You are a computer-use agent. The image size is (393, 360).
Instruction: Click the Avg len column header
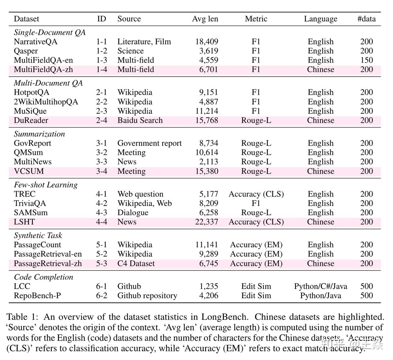point(205,19)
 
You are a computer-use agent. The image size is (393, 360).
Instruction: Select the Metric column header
point(256,19)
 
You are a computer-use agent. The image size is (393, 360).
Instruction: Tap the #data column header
point(366,19)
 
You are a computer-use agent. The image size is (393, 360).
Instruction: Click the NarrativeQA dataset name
point(36,42)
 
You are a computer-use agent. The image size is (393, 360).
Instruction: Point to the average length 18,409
point(207,42)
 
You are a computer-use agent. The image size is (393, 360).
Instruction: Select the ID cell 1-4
point(101,70)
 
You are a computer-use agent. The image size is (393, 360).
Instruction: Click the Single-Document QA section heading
point(50,33)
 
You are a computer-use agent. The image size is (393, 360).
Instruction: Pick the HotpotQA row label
point(32,92)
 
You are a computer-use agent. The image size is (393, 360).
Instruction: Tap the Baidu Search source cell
point(140,120)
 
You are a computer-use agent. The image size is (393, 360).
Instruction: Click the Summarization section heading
point(39,134)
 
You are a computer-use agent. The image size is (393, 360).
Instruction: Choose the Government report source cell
point(149,143)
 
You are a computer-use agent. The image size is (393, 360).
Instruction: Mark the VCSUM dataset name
point(29,171)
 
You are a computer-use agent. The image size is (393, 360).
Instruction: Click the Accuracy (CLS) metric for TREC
point(256,194)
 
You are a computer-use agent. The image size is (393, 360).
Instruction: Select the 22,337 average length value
point(207,222)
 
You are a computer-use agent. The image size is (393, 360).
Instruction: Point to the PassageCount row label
point(38,245)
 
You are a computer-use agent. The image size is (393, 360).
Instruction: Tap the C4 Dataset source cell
point(136,263)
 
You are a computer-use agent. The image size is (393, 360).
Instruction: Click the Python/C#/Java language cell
point(320,286)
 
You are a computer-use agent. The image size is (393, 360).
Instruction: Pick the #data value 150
point(366,60)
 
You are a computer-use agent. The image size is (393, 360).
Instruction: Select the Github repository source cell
point(147,296)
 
